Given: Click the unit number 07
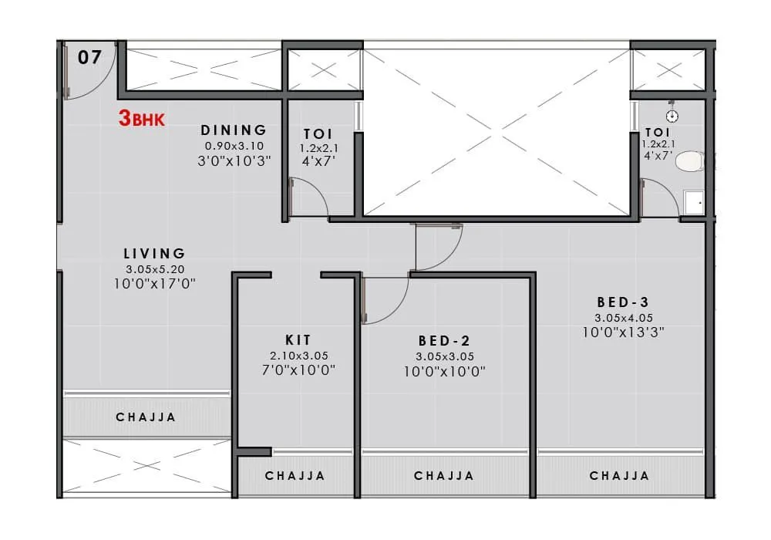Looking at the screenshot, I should click(x=89, y=58).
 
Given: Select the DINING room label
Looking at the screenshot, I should click(x=234, y=130).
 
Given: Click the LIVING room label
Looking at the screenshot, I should click(x=155, y=253).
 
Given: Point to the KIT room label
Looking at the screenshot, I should click(x=298, y=339).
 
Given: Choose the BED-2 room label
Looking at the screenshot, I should click(x=444, y=340).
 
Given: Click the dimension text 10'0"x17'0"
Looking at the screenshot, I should click(x=155, y=283).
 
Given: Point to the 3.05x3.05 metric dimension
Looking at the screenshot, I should click(x=444, y=356).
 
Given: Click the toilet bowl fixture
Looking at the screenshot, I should click(x=689, y=161).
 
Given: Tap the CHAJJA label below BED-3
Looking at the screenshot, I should click(x=619, y=476).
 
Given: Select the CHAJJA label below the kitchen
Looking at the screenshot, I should click(x=295, y=476).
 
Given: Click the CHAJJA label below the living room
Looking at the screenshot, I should click(x=146, y=417).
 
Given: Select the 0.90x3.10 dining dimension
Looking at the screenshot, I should click(x=234, y=146).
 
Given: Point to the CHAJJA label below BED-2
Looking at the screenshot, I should click(x=444, y=476).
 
